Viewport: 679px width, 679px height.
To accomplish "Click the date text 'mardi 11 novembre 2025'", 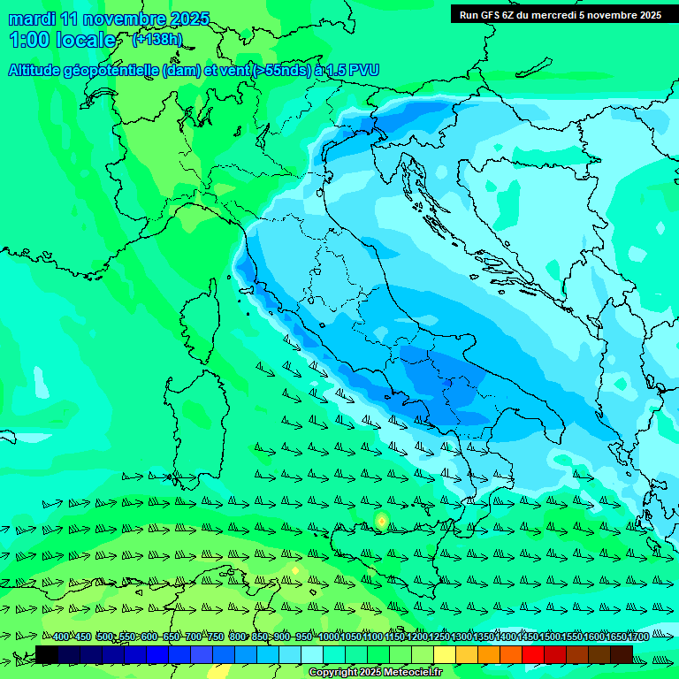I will (109, 19).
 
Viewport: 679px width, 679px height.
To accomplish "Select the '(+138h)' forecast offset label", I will (157, 40).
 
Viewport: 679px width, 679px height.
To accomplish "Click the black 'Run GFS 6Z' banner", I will (560, 15).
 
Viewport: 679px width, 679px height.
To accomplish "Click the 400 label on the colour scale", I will (60, 637).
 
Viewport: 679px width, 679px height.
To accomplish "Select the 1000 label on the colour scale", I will (329, 637).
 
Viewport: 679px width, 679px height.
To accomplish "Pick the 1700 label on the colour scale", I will (614, 637).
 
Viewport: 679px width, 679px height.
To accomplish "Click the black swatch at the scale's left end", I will (47, 654).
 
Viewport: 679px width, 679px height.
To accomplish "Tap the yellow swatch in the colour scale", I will (445, 654).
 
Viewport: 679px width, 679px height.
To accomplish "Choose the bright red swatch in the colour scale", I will (533, 654).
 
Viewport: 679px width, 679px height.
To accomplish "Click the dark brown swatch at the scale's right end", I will (622, 654).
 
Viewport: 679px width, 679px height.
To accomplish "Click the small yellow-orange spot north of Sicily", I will (381, 521).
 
